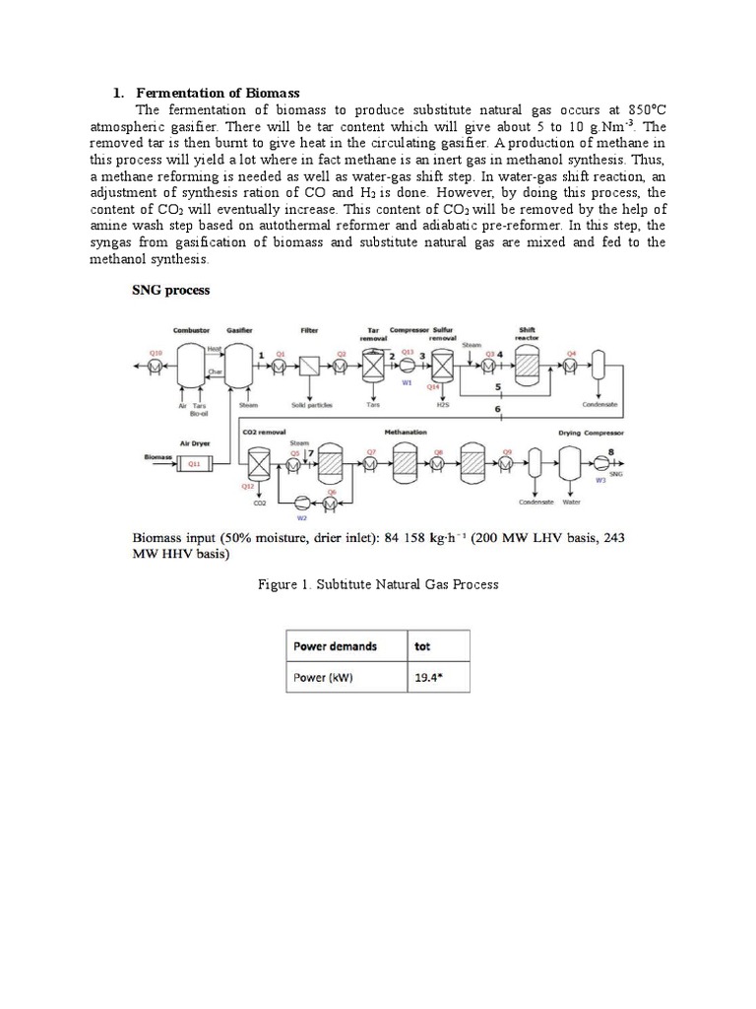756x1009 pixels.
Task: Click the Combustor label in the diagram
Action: coord(191,331)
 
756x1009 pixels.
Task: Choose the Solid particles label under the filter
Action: coord(311,404)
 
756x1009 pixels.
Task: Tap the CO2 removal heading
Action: coord(263,432)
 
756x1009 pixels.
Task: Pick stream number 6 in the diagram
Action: coord(498,408)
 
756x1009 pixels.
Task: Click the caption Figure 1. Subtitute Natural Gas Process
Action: coord(378,584)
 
